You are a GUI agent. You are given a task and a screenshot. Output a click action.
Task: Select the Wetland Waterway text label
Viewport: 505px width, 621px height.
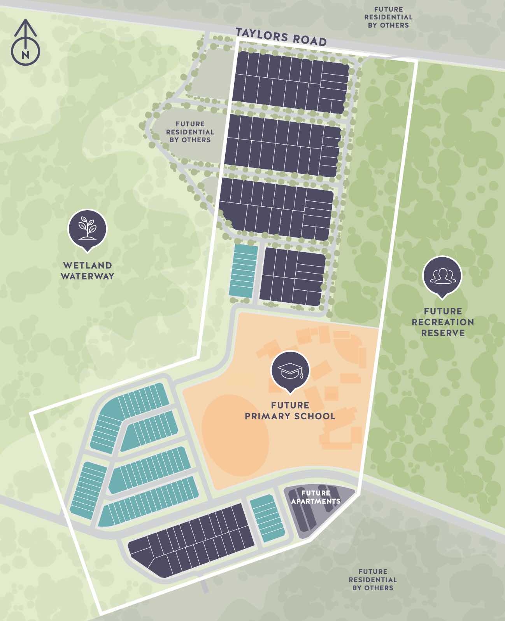88,271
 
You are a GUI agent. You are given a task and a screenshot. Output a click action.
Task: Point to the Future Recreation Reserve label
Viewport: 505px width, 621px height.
443,322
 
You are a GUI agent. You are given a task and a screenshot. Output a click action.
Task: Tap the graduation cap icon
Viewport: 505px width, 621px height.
290,370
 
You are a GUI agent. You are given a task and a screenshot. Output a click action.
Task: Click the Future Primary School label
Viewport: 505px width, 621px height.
290,411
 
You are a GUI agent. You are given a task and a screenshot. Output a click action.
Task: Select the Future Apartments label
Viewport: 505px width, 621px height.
316,497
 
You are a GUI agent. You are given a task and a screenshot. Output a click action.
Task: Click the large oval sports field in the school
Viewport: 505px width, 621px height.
235,435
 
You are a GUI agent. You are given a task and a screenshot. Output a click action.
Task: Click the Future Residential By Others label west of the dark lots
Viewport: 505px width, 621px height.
190,132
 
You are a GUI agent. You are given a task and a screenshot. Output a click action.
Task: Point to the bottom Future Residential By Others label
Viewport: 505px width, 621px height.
373,579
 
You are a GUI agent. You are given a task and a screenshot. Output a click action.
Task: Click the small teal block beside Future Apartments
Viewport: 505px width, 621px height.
267,518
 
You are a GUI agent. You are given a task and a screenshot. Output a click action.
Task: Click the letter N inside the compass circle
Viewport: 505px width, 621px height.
25,55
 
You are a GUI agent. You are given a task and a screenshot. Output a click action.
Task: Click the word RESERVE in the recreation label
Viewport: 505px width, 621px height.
443,333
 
